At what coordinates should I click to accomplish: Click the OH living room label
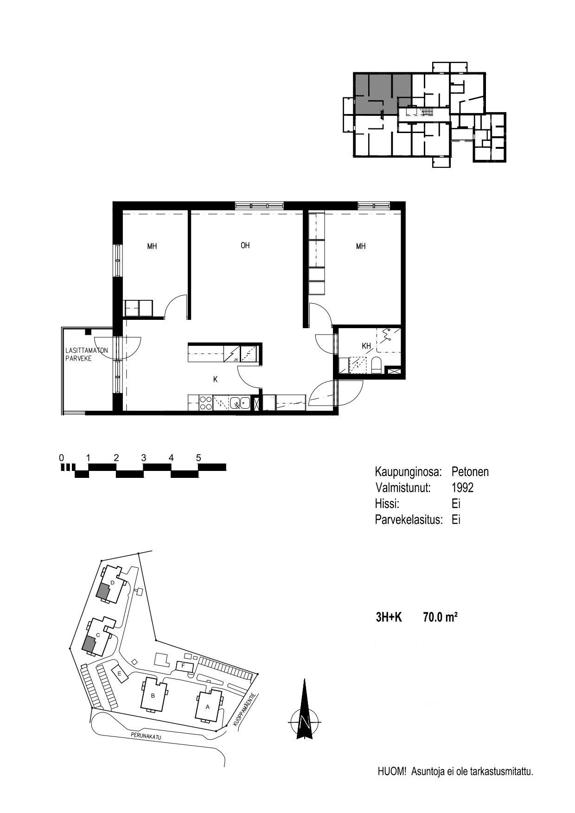(245, 245)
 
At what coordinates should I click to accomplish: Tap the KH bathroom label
(366, 346)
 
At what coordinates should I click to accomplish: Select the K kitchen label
(215, 379)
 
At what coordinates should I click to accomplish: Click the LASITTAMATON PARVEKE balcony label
(86, 354)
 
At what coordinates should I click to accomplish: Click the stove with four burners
(205, 402)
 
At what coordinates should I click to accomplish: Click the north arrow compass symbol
(304, 709)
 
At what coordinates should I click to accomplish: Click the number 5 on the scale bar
(198, 458)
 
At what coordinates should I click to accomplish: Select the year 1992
(462, 488)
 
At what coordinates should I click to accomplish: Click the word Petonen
(470, 472)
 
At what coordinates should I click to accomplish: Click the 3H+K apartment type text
(389, 617)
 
